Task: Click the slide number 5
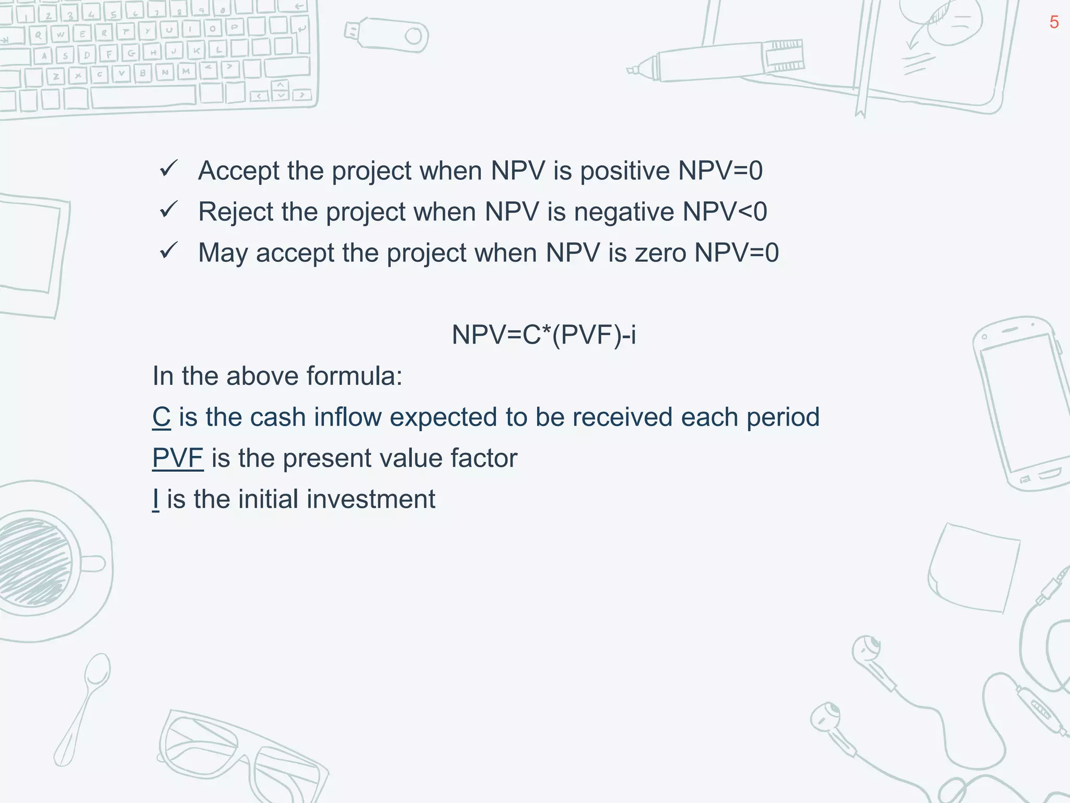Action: click(x=1054, y=22)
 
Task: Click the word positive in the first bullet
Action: click(x=625, y=171)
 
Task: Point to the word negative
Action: click(x=623, y=212)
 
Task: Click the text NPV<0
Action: click(x=725, y=212)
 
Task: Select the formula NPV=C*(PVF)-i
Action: click(x=543, y=335)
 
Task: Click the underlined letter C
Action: click(x=161, y=417)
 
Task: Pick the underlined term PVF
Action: click(x=178, y=458)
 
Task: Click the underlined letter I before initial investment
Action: click(x=156, y=499)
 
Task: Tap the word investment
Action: click(x=371, y=499)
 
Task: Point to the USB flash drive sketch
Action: click(x=387, y=36)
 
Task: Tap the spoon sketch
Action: click(x=84, y=706)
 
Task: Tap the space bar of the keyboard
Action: click(x=144, y=97)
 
